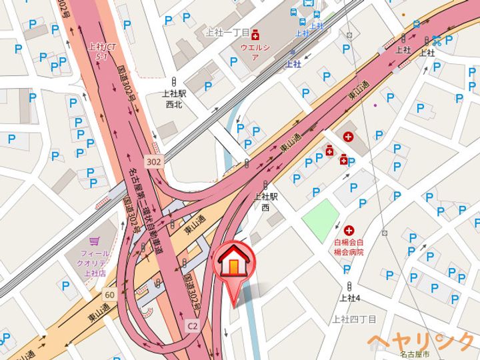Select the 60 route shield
tap(109, 294)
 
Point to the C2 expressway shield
tap(193, 326)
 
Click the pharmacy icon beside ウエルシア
tap(255, 36)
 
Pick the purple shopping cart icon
tap(95, 242)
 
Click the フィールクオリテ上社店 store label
tap(95, 263)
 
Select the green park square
tap(320, 217)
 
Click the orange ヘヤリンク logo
tap(420, 341)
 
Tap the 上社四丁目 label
tap(355, 319)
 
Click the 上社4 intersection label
tap(350, 298)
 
